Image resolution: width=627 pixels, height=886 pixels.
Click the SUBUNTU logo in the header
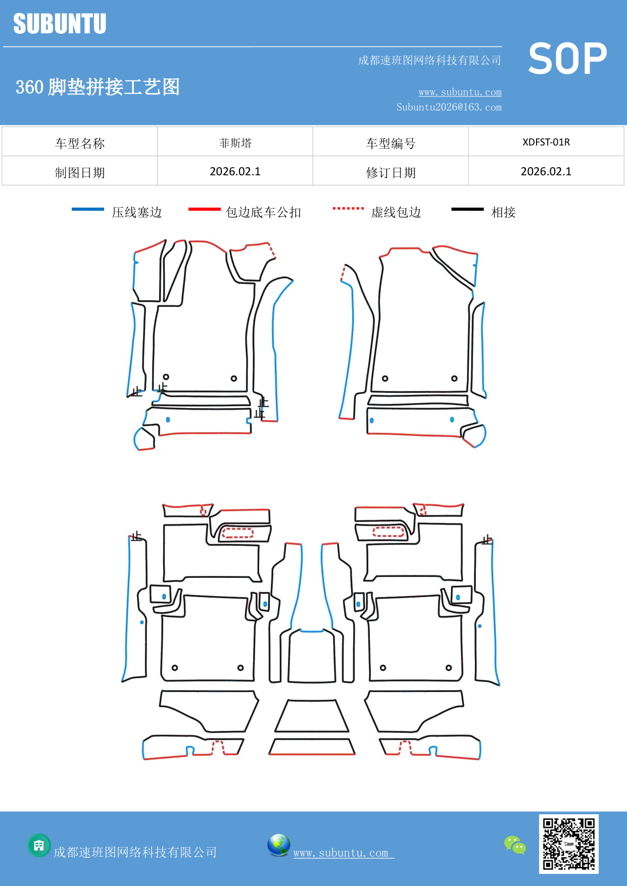pyautogui.click(x=60, y=24)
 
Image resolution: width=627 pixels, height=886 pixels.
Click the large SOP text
pyautogui.click(x=567, y=59)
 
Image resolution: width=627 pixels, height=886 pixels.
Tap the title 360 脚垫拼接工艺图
pyautogui.click(x=98, y=87)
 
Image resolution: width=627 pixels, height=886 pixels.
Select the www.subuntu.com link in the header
pyautogui.click(x=460, y=92)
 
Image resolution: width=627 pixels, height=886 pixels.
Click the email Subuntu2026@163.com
pyautogui.click(x=449, y=107)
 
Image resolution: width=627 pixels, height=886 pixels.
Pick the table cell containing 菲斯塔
pyautogui.click(x=235, y=143)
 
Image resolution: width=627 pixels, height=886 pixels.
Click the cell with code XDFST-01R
pyautogui.click(x=546, y=142)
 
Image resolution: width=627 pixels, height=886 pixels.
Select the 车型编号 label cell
pyautogui.click(x=391, y=143)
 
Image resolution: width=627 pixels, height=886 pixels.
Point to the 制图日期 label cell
pyautogui.click(x=80, y=172)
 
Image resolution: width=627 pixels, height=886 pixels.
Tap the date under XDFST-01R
pyautogui.click(x=546, y=171)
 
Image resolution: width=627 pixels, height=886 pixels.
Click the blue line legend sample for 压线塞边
pyautogui.click(x=88, y=209)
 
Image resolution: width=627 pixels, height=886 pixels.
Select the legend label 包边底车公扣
pyautogui.click(x=263, y=212)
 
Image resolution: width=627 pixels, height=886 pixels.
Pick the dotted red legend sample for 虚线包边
pyautogui.click(x=348, y=208)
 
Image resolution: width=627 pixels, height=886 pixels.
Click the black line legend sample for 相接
pyautogui.click(x=467, y=209)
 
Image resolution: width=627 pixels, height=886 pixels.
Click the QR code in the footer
pyautogui.click(x=568, y=844)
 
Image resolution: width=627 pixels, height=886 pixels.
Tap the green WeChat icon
pyautogui.click(x=515, y=845)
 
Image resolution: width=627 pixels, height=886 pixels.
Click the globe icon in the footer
pyautogui.click(x=278, y=845)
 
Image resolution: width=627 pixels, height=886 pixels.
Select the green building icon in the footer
pyautogui.click(x=39, y=845)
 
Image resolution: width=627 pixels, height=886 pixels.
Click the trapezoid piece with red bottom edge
pyautogui.click(x=312, y=747)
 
